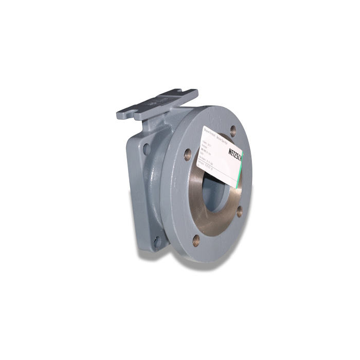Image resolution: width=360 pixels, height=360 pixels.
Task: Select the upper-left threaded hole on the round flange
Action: (x=187, y=152)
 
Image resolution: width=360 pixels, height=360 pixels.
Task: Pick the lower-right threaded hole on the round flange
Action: (x=240, y=210)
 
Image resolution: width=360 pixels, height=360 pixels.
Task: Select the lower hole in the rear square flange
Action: (x=156, y=240)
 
